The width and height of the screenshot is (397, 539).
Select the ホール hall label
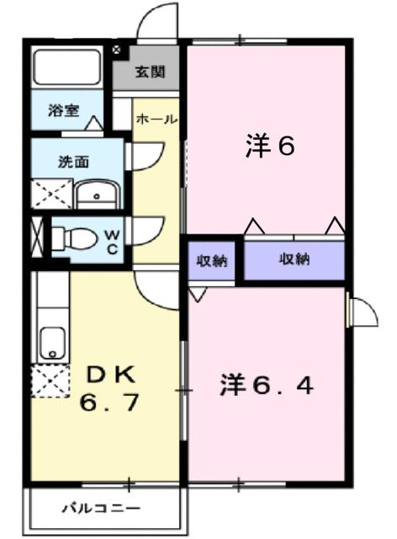(x=156, y=120)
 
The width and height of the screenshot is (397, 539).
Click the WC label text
(x=112, y=241)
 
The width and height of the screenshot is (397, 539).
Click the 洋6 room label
(x=269, y=147)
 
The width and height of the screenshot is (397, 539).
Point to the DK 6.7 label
(x=109, y=388)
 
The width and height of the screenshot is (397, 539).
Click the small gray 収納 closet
(x=213, y=259)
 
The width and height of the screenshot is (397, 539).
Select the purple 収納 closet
(x=294, y=259)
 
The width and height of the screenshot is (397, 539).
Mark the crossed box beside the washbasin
(x=51, y=194)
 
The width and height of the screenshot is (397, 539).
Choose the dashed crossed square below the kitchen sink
(x=50, y=383)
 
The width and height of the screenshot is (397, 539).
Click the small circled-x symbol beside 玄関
(x=117, y=51)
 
